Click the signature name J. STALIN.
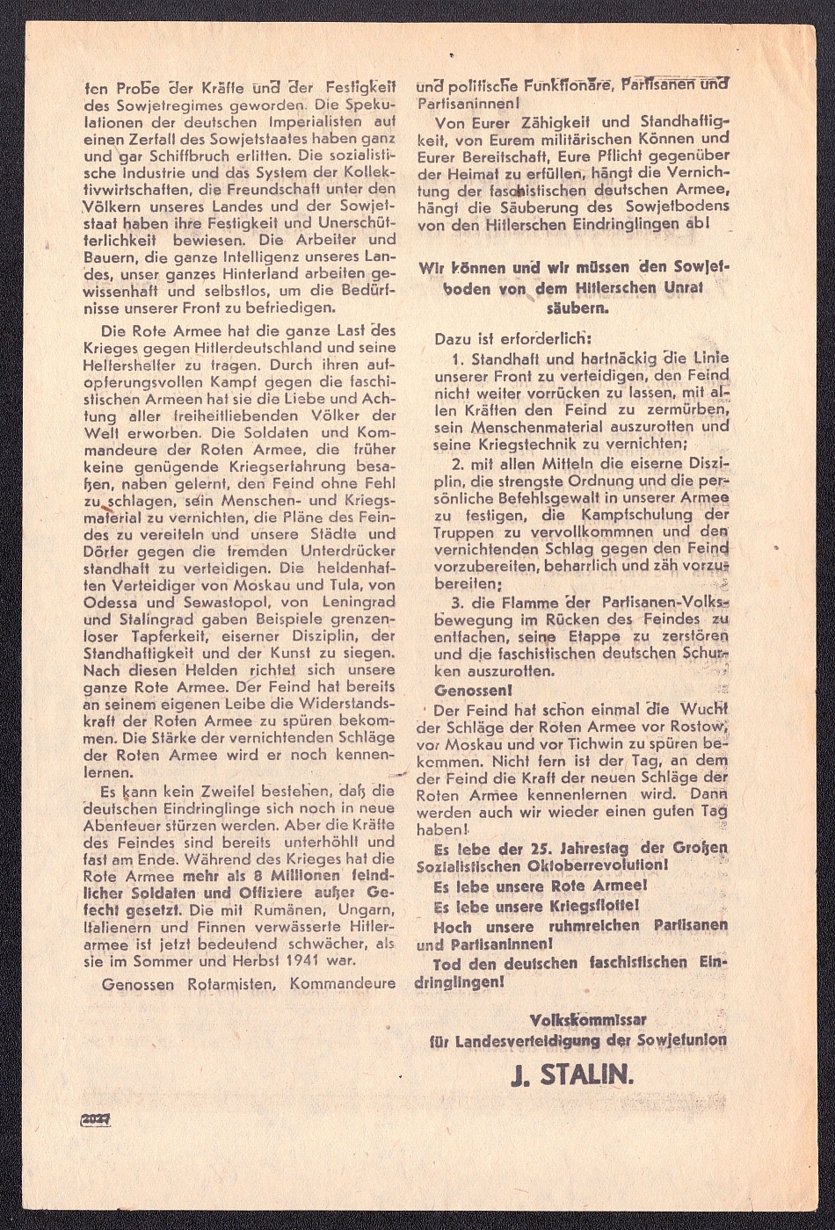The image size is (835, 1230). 572,1074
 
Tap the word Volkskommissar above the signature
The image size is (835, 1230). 588,1020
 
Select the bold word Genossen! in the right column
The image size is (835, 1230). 468,690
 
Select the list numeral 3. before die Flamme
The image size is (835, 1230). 458,603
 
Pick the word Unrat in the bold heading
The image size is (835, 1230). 678,287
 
